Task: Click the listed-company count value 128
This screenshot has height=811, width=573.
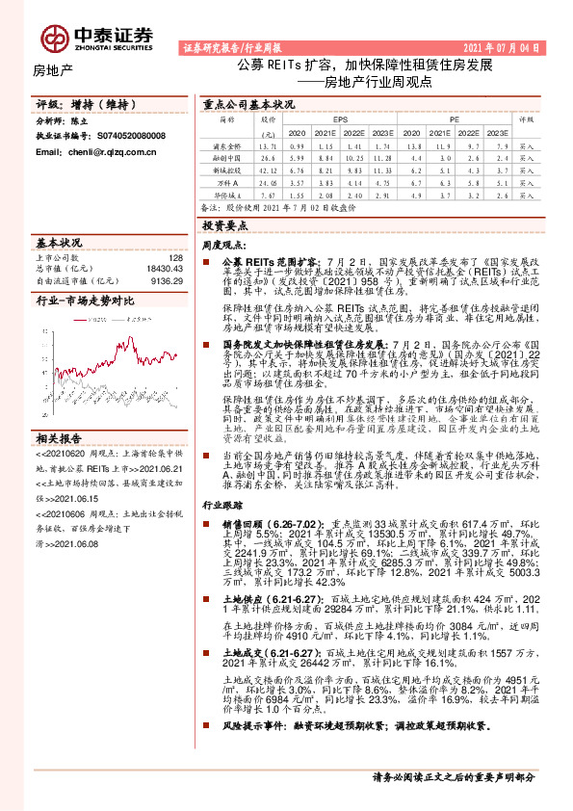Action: [x=175, y=258]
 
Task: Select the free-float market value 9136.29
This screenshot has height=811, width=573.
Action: [x=167, y=281]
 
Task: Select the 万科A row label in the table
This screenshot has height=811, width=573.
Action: [x=227, y=180]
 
